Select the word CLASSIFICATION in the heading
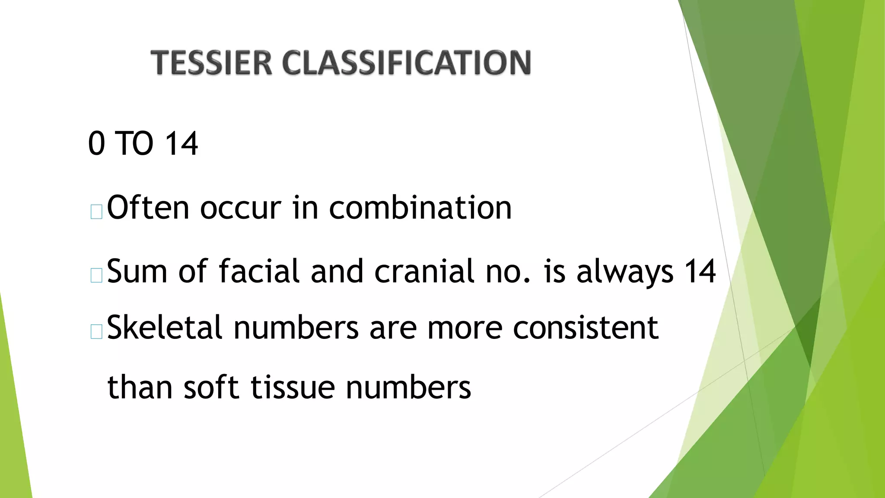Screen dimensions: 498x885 coord(406,63)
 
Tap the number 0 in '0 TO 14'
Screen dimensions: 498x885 coord(96,144)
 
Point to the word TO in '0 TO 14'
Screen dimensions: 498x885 coord(134,144)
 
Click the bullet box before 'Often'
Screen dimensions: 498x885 coord(96,212)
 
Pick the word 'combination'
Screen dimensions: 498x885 coord(420,208)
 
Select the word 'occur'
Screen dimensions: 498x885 coord(240,208)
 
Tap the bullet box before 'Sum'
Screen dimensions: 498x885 coord(96,275)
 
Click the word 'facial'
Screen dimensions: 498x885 coord(258,271)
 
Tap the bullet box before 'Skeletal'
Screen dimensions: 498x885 coord(96,332)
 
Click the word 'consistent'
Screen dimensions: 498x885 coord(586,327)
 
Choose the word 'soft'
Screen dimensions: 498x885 coord(211,387)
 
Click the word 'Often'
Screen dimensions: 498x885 coord(148,208)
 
